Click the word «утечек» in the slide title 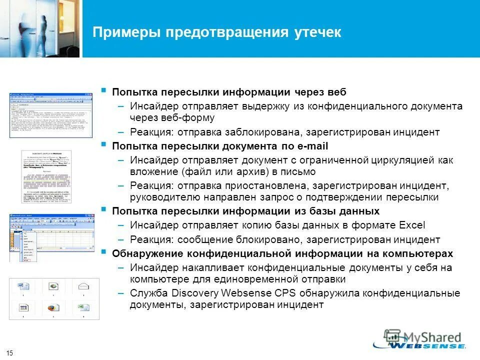pyautogui.click(x=316, y=32)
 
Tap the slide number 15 pyautogui.click(x=10, y=353)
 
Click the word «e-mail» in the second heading pyautogui.click(x=312, y=146)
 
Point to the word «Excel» pyautogui.click(x=412, y=224)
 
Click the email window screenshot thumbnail pyautogui.click(x=51, y=115)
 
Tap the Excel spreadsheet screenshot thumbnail pyautogui.click(x=51, y=238)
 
